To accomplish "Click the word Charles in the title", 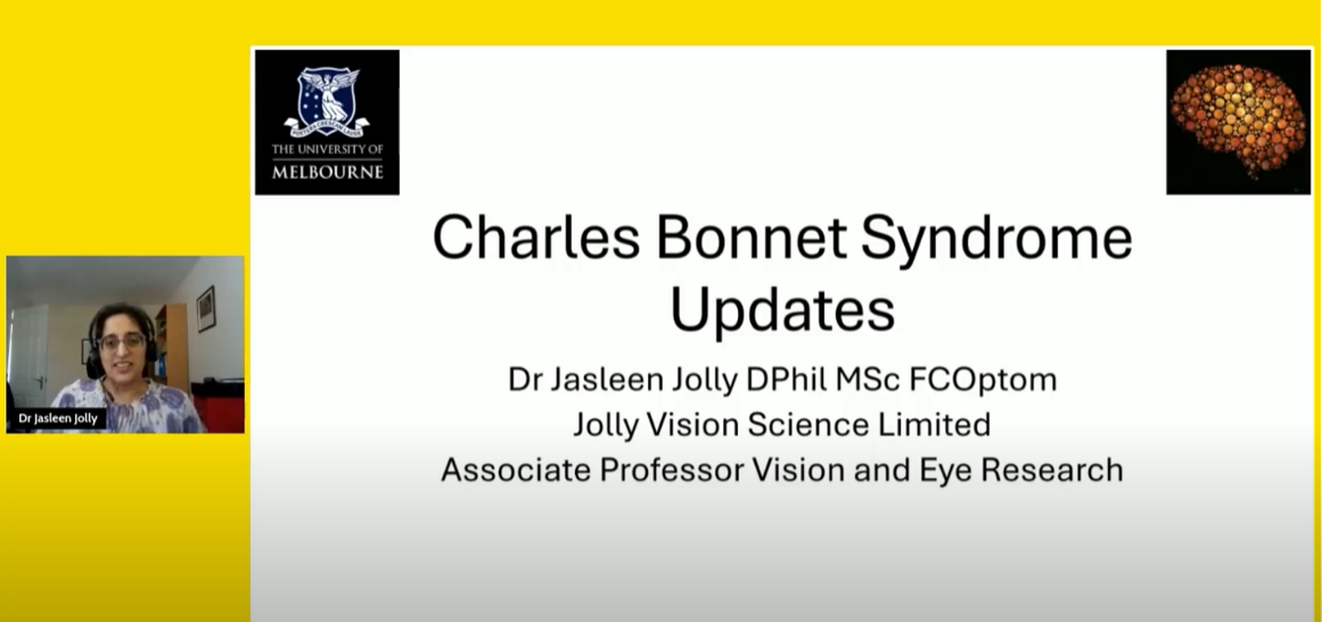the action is click(536, 237).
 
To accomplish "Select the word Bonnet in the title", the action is click(751, 237).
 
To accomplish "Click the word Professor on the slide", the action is click(672, 471).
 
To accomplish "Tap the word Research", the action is click(1052, 471).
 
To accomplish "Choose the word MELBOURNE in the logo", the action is click(327, 173).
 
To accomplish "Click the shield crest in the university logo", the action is click(327, 102).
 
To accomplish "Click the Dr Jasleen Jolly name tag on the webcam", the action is click(58, 419).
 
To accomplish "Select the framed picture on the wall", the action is click(206, 309).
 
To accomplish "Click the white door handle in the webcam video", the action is click(40, 381).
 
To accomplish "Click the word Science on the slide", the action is click(808, 424).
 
